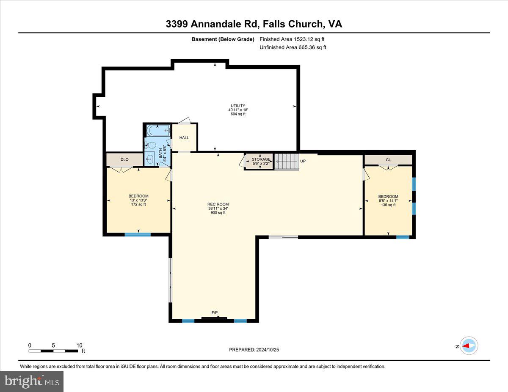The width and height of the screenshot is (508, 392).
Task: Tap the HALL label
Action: click(x=184, y=138)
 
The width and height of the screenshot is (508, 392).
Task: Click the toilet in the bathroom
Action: click(x=150, y=145)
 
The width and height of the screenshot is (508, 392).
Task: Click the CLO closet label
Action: click(x=124, y=159)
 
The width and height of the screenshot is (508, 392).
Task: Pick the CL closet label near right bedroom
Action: click(x=388, y=159)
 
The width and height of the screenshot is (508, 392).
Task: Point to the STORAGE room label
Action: click(x=261, y=159)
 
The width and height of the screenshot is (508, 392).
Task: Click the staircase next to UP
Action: click(x=287, y=162)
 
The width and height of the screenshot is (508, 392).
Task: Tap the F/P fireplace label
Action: click(x=215, y=313)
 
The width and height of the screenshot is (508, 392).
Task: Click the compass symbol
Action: click(x=469, y=345)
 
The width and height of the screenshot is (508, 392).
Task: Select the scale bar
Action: click(x=53, y=351)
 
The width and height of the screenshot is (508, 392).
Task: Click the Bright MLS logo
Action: click(x=32, y=381)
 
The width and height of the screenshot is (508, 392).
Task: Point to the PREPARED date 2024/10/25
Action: click(x=254, y=350)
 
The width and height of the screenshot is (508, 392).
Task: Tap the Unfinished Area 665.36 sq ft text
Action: click(x=293, y=47)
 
